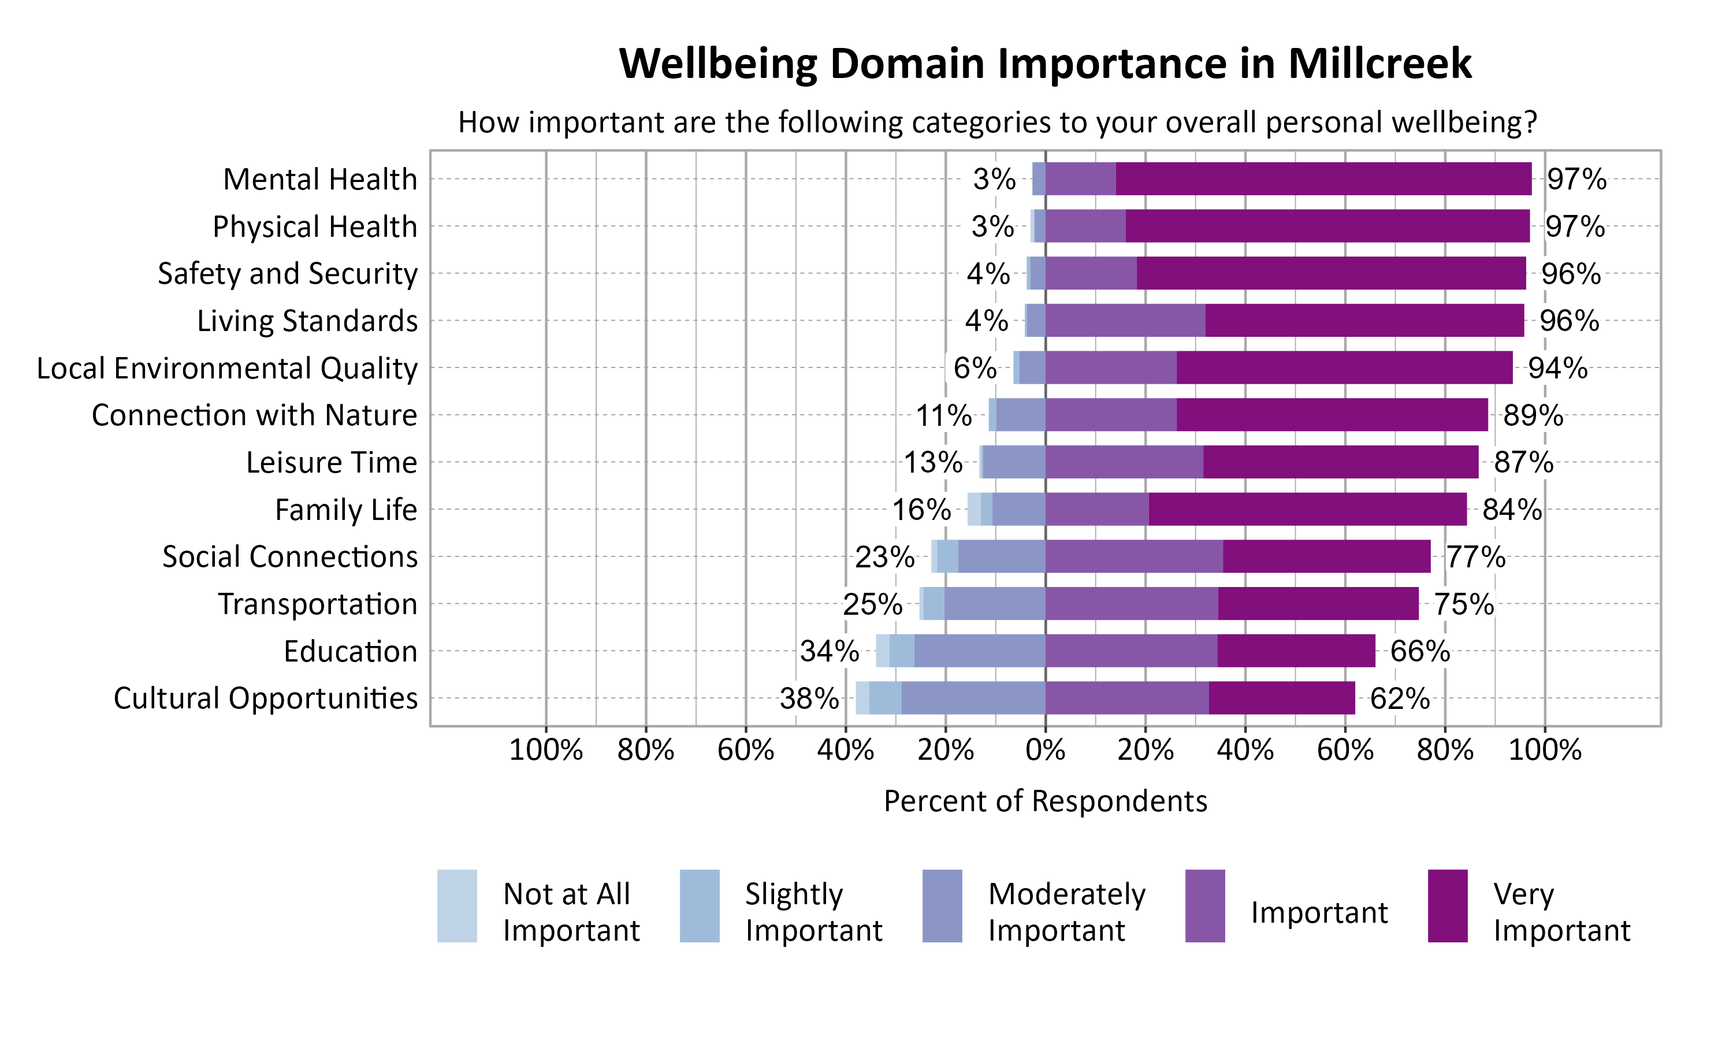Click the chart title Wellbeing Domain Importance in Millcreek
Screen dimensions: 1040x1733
coord(1045,63)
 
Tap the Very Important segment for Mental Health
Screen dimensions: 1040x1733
coord(1323,179)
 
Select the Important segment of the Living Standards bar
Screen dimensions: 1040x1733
coord(1125,320)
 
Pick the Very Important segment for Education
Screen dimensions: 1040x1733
coord(1296,651)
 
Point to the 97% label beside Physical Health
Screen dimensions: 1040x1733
coord(1575,226)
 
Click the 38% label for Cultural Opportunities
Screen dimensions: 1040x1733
coord(809,698)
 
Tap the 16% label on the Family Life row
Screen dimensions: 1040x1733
coord(921,510)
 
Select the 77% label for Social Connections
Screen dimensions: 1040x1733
coord(1475,557)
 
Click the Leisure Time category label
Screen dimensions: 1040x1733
coord(332,463)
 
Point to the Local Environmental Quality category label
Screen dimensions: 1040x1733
coord(227,368)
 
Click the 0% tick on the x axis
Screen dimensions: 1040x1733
coord(1045,751)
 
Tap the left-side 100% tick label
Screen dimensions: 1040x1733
coord(546,751)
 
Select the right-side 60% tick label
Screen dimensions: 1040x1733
coord(1345,751)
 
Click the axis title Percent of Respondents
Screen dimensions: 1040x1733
coord(1045,801)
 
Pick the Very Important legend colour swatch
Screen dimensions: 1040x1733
coord(1447,905)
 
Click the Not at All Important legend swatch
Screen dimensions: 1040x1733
coord(457,905)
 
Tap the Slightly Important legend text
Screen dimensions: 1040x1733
coord(813,912)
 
